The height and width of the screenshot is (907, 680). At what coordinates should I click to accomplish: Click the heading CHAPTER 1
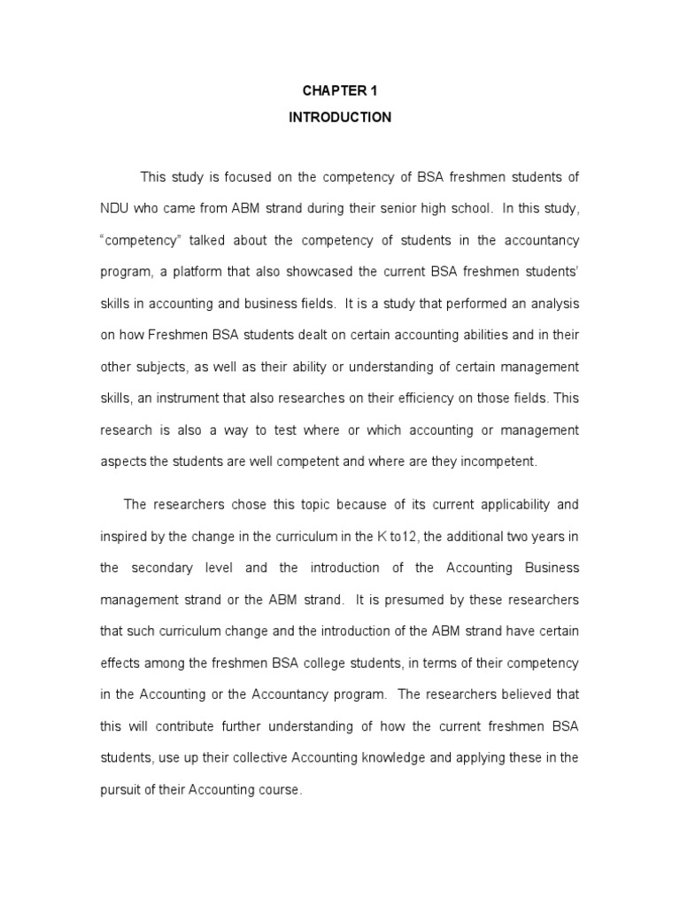pyautogui.click(x=339, y=89)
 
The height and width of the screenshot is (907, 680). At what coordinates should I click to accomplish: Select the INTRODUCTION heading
pyautogui.click(x=339, y=117)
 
